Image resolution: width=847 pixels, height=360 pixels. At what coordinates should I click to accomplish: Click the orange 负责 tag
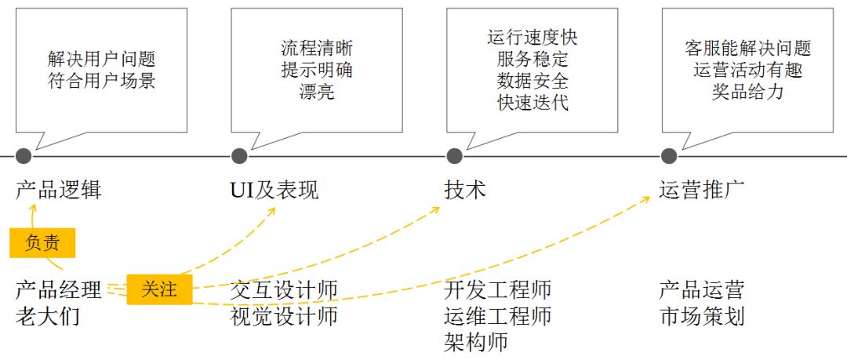click(x=42, y=243)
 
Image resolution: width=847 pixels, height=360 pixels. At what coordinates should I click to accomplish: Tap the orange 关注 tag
click(x=159, y=289)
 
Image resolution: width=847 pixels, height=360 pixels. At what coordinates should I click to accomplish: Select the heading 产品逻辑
click(x=59, y=190)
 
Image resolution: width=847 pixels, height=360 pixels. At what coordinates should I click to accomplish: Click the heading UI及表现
click(x=274, y=190)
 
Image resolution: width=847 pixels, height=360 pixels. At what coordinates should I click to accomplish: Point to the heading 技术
click(x=465, y=190)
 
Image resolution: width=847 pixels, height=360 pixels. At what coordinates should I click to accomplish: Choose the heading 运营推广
click(x=702, y=190)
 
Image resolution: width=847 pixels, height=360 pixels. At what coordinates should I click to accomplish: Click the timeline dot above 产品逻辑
click(x=24, y=155)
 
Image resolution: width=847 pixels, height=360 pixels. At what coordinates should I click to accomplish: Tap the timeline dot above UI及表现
click(x=240, y=155)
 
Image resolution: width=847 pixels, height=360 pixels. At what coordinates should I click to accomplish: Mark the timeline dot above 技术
click(x=454, y=155)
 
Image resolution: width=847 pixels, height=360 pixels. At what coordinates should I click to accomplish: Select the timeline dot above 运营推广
click(x=669, y=155)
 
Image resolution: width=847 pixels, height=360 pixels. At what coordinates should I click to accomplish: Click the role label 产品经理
click(x=59, y=290)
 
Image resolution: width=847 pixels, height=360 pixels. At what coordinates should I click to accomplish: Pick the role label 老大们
click(x=48, y=317)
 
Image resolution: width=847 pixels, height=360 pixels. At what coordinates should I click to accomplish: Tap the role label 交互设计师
click(x=284, y=290)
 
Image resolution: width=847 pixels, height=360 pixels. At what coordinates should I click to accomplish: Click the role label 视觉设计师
click(x=284, y=317)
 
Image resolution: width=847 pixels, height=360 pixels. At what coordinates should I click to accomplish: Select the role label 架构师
click(x=476, y=342)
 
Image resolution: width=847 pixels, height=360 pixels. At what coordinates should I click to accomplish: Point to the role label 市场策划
click(x=702, y=317)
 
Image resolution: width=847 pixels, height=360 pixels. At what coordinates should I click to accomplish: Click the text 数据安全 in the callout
click(x=533, y=81)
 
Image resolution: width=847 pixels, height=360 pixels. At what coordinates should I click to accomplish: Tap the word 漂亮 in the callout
click(x=317, y=92)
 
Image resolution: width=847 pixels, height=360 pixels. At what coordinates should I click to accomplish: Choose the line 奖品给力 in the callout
click(x=747, y=92)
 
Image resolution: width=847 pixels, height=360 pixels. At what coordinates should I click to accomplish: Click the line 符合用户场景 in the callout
click(x=101, y=81)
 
